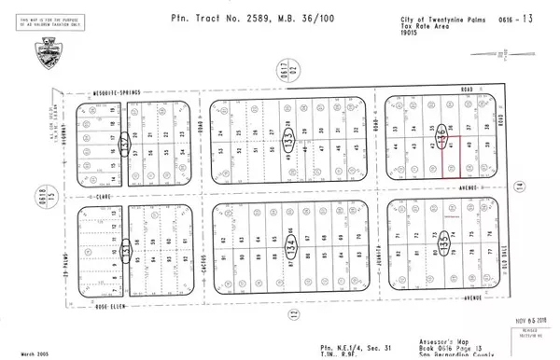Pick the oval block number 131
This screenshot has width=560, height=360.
(124, 249)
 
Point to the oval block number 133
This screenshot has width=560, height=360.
(288, 141)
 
